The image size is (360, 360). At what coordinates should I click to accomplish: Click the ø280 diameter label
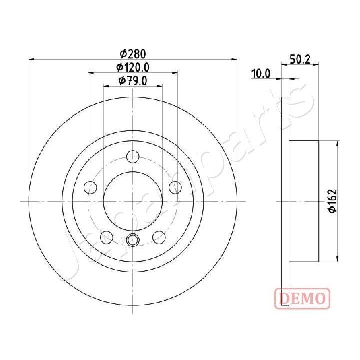pos(133,53)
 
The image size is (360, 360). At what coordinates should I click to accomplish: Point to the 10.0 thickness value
pos(261,74)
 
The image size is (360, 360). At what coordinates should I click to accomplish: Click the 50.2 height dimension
pos(301,60)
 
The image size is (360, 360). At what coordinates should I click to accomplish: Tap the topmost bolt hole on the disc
pos(132,156)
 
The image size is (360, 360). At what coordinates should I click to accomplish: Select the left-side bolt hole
pos(90,187)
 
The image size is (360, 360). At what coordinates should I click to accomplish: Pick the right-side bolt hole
pos(175,187)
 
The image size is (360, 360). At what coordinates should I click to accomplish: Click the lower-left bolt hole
pos(106,237)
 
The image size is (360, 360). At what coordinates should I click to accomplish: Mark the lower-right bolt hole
pos(159,237)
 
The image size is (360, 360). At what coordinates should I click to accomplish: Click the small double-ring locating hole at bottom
pos(133,240)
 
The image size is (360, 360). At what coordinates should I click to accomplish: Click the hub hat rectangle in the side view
pos(304,201)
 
